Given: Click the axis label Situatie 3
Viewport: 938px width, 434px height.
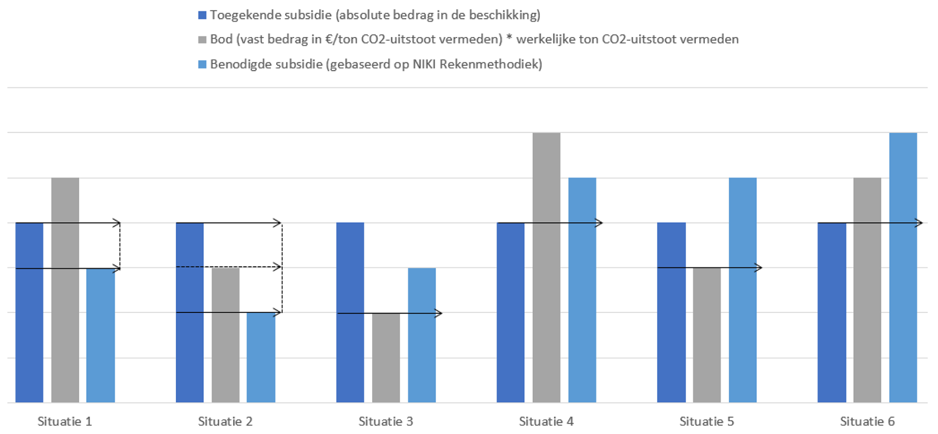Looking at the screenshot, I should pyautogui.click(x=385, y=421).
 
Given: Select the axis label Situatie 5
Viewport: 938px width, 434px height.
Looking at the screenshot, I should pyautogui.click(x=707, y=421).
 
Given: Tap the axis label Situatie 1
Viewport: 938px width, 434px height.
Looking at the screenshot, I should pyautogui.click(x=65, y=421).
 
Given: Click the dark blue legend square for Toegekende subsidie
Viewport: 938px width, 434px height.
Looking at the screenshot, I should pyautogui.click(x=202, y=15).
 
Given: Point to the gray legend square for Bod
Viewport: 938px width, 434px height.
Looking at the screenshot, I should pyautogui.click(x=202, y=40).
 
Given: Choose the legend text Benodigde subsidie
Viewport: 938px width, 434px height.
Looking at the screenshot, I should pyautogui.click(x=376, y=65).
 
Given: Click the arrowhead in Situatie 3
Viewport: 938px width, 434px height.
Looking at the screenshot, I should pyautogui.click(x=438, y=313).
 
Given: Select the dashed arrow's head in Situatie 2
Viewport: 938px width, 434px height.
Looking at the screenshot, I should pyautogui.click(x=277, y=267).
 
